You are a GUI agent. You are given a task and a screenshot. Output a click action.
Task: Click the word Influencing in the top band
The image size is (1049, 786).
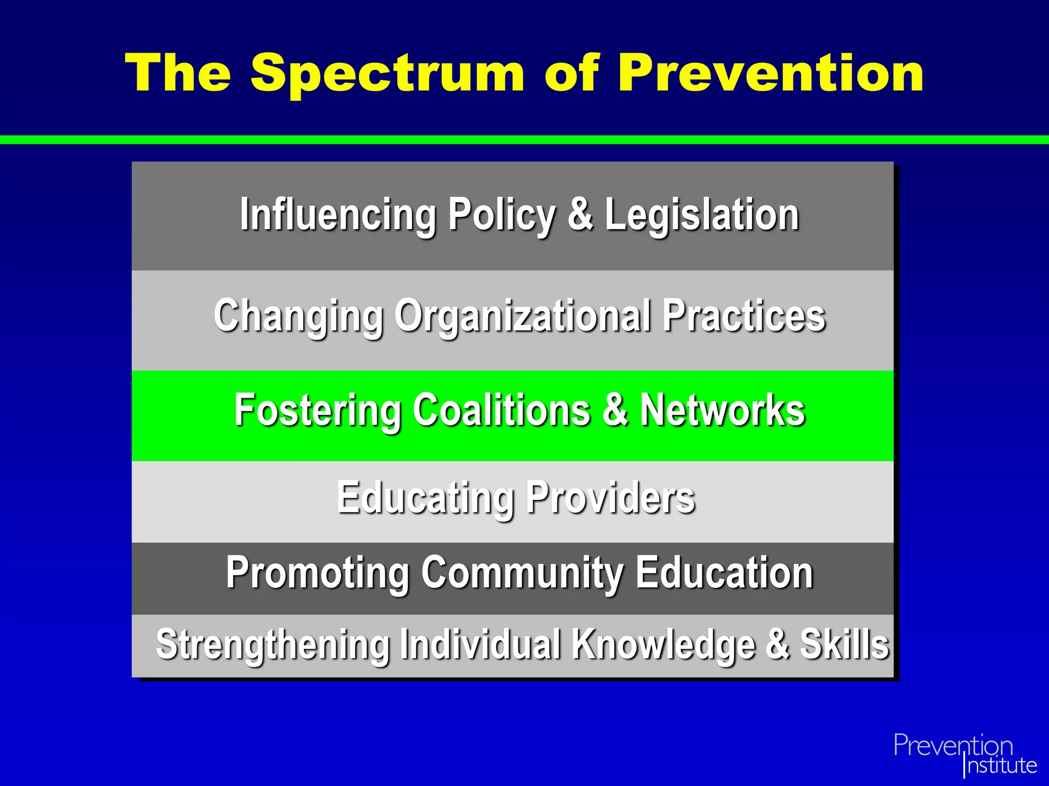(x=338, y=215)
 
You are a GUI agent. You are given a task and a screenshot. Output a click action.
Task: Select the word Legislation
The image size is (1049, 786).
(x=702, y=215)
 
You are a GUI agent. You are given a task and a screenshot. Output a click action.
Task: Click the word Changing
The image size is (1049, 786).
(x=298, y=316)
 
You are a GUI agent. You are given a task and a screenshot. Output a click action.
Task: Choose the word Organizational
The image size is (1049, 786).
(x=522, y=316)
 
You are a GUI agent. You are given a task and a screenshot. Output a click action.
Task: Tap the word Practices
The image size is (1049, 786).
(x=744, y=315)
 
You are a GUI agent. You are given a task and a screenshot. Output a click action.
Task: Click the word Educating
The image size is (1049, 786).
(x=425, y=497)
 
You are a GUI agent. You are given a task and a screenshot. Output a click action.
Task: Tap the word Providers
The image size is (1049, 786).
(x=611, y=497)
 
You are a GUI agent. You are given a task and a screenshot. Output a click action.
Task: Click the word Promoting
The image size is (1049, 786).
(x=318, y=573)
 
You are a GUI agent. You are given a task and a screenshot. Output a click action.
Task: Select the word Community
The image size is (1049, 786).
(x=522, y=573)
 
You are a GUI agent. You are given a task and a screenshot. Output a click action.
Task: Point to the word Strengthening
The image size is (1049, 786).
(x=273, y=645)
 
